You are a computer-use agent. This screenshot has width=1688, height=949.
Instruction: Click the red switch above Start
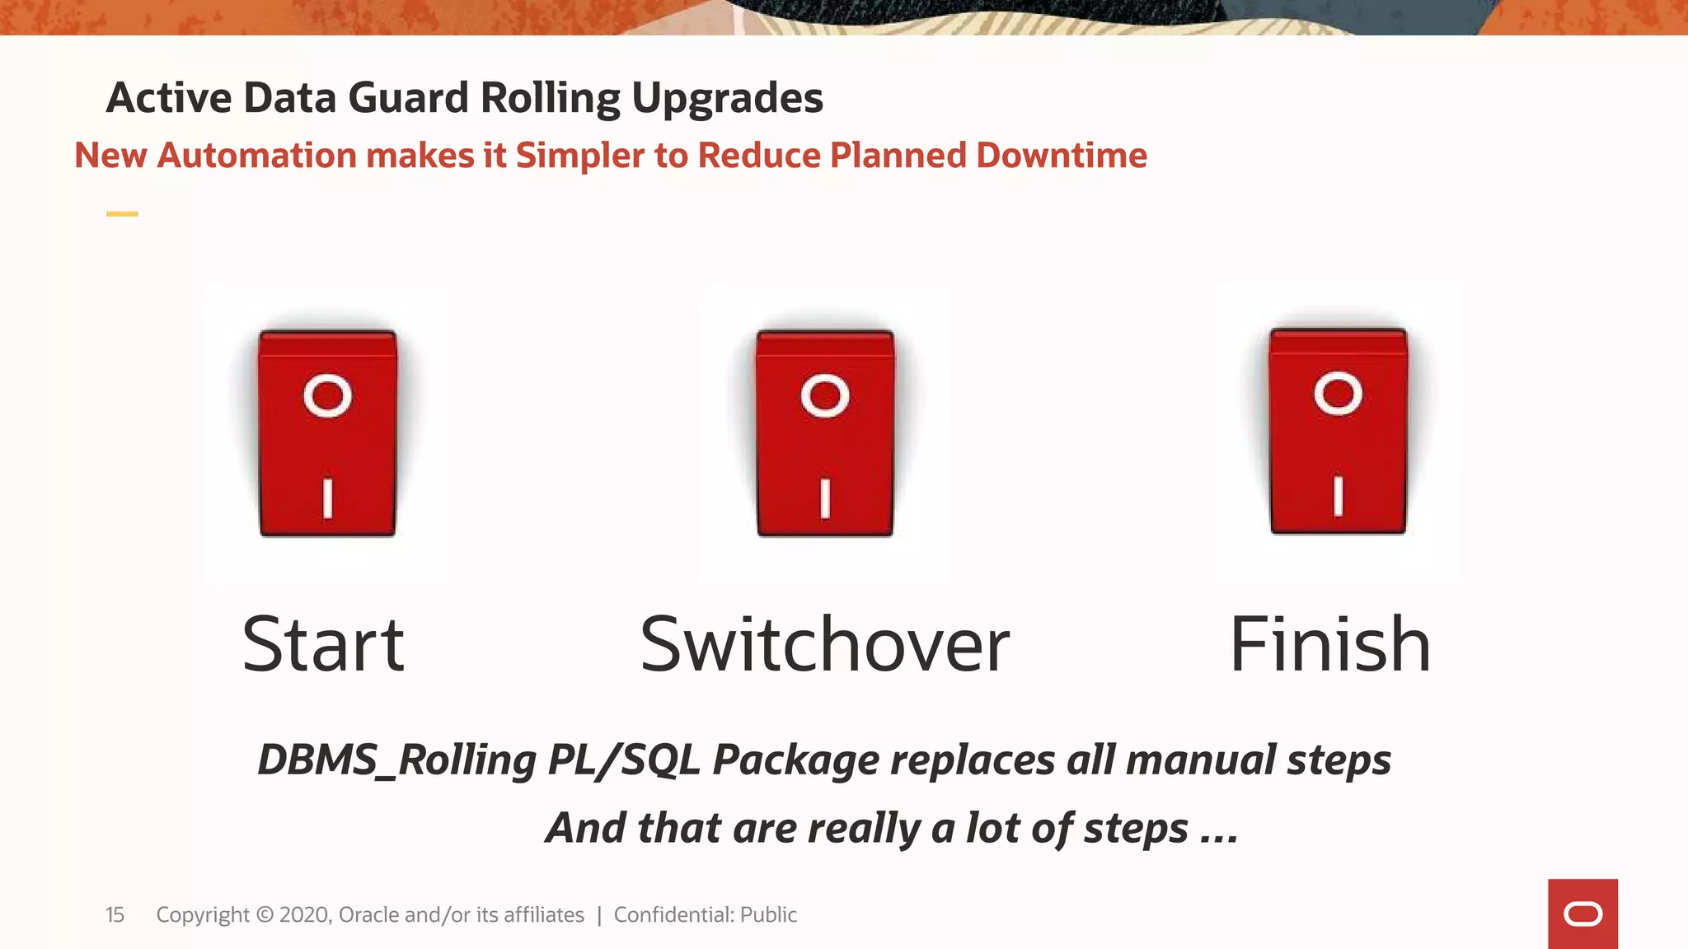327,433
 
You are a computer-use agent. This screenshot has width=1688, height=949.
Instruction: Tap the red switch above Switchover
825,433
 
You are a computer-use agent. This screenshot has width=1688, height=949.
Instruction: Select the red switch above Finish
1338,431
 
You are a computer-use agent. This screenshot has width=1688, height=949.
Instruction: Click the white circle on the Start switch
327,396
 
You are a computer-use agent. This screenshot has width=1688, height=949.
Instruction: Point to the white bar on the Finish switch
1338,496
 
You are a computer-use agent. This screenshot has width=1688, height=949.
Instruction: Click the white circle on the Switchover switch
825,396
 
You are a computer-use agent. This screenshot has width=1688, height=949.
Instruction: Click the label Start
323,645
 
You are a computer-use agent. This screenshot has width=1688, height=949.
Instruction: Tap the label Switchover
824,645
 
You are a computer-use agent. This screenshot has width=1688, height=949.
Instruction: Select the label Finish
1329,645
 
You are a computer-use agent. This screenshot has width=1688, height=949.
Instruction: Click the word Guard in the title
408,98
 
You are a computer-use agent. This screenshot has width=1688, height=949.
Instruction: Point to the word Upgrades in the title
727,98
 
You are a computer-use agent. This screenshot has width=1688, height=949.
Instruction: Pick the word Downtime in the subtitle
1061,156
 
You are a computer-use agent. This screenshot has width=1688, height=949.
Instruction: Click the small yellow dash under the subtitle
122,214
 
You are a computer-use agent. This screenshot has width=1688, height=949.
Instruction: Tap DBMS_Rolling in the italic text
396,760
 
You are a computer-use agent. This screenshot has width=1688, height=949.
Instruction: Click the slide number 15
115,915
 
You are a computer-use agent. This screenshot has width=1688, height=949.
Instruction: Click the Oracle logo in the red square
1582,914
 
